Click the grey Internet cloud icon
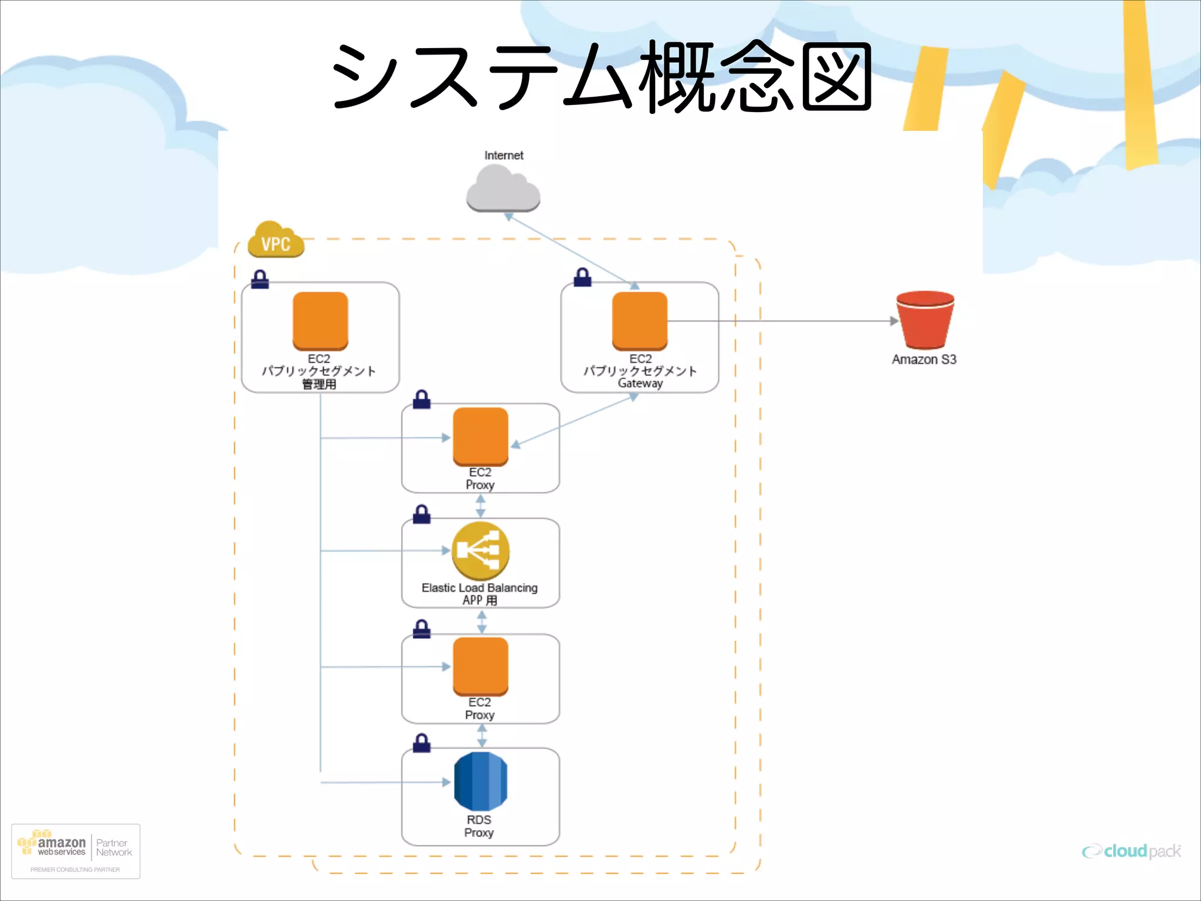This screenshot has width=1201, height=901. [503, 189]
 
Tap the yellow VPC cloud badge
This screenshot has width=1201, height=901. [276, 241]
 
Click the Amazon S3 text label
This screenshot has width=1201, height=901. [924, 360]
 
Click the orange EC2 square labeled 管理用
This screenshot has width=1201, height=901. [320, 320]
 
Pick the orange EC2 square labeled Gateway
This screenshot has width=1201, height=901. [639, 320]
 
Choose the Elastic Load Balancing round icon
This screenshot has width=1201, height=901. [480, 551]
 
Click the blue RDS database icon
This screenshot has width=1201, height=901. [480, 781]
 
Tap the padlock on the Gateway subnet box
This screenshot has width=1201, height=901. [582, 277]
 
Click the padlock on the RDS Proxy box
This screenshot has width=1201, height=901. [422, 743]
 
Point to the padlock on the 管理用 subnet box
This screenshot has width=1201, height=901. [260, 280]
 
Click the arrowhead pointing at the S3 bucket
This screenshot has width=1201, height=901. [894, 321]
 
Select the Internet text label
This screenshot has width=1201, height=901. [503, 155]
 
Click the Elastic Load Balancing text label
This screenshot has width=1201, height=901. [479, 588]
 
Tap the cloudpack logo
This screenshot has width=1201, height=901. [1131, 851]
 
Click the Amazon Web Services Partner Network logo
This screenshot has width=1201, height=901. [76, 851]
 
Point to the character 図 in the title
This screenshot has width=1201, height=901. [836, 77]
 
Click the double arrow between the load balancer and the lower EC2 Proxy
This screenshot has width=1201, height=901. [481, 622]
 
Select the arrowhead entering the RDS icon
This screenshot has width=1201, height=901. [446, 782]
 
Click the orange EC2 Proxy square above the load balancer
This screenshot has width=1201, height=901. [480, 436]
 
